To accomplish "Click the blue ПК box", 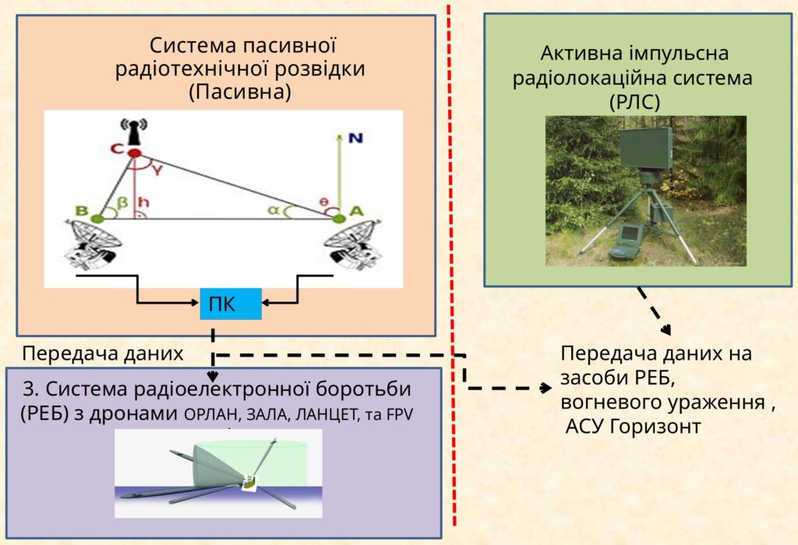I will click(x=231, y=303).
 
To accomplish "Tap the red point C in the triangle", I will click(x=133, y=153).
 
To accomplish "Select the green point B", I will click(x=97, y=219).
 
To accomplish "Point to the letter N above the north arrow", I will click(x=355, y=138).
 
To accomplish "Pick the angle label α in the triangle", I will click(x=274, y=209).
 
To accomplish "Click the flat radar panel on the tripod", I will click(x=646, y=148).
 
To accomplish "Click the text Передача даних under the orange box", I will click(x=102, y=354).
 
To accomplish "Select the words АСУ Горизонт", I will click(x=633, y=427).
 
